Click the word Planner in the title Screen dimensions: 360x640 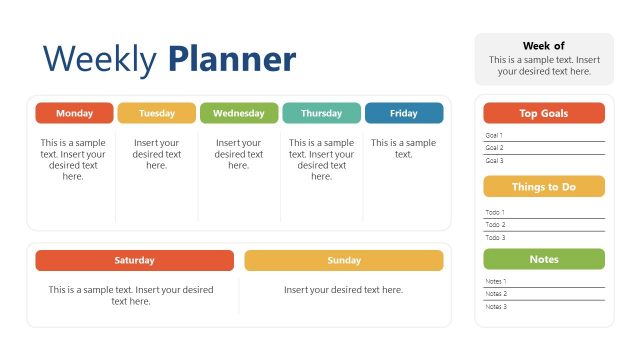(232, 60)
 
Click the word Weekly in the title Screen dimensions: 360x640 (100, 60)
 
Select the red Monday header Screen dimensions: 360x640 (75, 113)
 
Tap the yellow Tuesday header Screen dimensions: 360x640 (157, 113)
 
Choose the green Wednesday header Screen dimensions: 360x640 (239, 113)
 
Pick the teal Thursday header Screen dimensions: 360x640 (321, 113)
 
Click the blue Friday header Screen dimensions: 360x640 (404, 113)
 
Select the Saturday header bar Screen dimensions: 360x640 (134, 260)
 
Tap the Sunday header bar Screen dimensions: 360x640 (344, 260)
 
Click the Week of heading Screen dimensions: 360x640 (544, 46)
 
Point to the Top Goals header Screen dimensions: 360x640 (544, 113)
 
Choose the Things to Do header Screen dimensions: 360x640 (544, 187)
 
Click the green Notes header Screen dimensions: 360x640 (544, 259)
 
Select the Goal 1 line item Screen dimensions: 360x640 (494, 135)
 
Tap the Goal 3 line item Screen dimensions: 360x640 (494, 160)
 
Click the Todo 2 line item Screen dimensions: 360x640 (495, 225)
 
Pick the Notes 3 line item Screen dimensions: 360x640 (496, 306)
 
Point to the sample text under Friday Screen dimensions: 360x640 (404, 148)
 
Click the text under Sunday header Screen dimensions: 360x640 (344, 290)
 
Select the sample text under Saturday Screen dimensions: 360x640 (131, 295)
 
